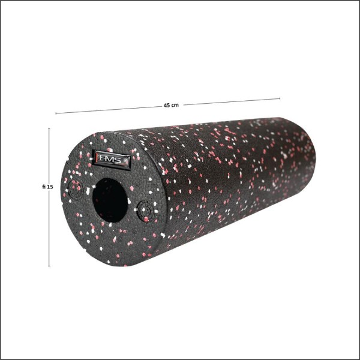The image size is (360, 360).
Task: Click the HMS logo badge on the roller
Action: coord(112,160)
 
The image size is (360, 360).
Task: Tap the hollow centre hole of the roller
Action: coord(110,200)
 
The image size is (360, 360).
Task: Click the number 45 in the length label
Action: coord(167,106)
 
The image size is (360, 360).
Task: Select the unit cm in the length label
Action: coord(175,106)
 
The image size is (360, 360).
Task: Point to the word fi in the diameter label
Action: coord(44,187)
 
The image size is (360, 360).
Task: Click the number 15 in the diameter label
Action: coord(50,187)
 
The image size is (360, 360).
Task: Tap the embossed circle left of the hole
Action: coord(76,190)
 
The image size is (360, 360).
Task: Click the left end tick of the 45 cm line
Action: coord(56,113)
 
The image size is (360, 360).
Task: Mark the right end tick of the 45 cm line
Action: coord(280,98)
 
